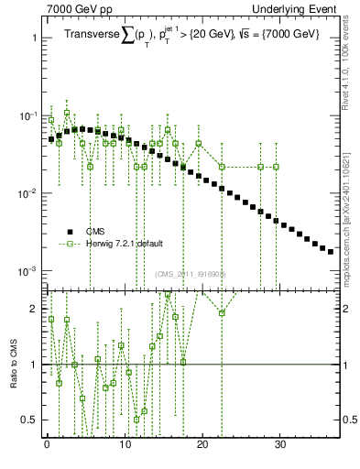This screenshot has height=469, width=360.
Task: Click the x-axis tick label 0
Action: click(x=47, y=446)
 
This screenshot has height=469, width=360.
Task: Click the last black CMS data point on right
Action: click(x=331, y=251)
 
